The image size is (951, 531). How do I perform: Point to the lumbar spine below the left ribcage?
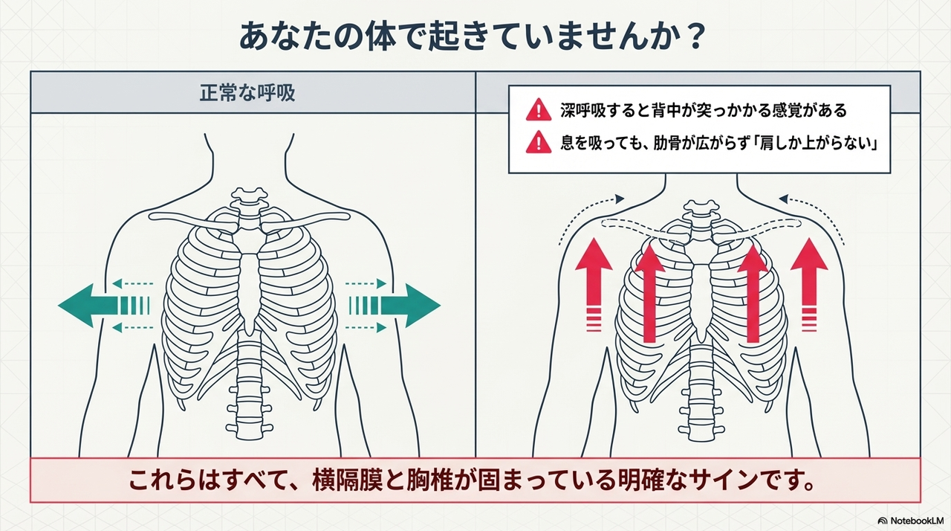250,394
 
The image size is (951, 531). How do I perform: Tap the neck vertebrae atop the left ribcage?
247,201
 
